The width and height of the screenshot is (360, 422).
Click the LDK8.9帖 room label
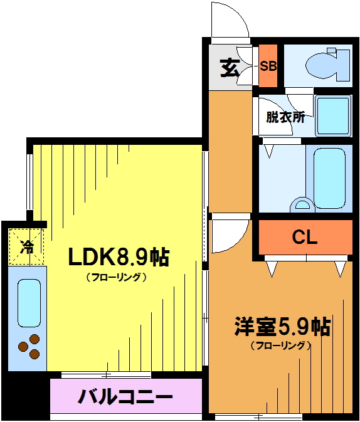pos(119,257)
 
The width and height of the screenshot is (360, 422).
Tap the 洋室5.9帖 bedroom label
pos(282,327)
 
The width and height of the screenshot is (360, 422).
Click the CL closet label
pos(305,237)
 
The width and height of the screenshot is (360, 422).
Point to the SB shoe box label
pos(268,66)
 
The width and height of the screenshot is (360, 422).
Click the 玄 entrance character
pos(230,68)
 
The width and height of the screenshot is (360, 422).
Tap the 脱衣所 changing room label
pos(285,117)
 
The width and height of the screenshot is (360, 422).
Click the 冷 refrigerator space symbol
pos(27,247)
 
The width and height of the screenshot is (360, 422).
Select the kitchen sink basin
pos(29,303)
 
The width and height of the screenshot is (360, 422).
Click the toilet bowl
pos(321,66)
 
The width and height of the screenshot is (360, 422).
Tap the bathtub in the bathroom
pos(329,178)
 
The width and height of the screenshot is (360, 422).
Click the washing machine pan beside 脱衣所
pos(333,116)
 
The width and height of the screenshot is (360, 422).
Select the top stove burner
pos(34,339)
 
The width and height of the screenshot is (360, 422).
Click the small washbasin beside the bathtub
pos(302,205)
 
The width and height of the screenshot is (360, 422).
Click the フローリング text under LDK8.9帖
pos(116,277)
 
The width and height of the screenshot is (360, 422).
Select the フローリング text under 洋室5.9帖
pos(281,346)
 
